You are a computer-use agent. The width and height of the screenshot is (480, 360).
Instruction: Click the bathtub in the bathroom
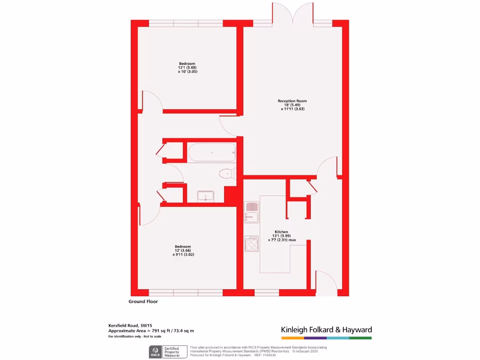211,152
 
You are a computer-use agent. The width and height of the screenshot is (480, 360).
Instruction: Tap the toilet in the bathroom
227,173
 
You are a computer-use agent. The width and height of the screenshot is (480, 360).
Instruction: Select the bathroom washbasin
206,196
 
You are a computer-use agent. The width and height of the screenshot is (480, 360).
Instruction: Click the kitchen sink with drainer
251,212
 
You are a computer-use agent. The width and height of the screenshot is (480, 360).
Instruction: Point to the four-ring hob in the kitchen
252,243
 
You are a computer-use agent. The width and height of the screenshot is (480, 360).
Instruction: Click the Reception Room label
292,101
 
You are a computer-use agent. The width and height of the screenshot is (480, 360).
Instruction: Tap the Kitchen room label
281,232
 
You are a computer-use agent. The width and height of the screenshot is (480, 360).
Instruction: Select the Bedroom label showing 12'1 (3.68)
187,64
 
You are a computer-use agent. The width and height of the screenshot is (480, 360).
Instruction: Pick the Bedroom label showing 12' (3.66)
183,247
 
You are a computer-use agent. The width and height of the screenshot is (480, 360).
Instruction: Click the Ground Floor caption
143,301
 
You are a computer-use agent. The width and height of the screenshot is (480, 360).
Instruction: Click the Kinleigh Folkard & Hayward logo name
326,330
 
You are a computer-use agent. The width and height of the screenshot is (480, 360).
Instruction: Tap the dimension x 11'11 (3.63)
293,109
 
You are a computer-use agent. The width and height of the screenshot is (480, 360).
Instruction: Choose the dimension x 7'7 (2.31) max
282,240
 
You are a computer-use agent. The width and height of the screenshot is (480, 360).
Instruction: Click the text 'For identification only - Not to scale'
135,337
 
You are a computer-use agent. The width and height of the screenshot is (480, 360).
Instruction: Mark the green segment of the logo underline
360,337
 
